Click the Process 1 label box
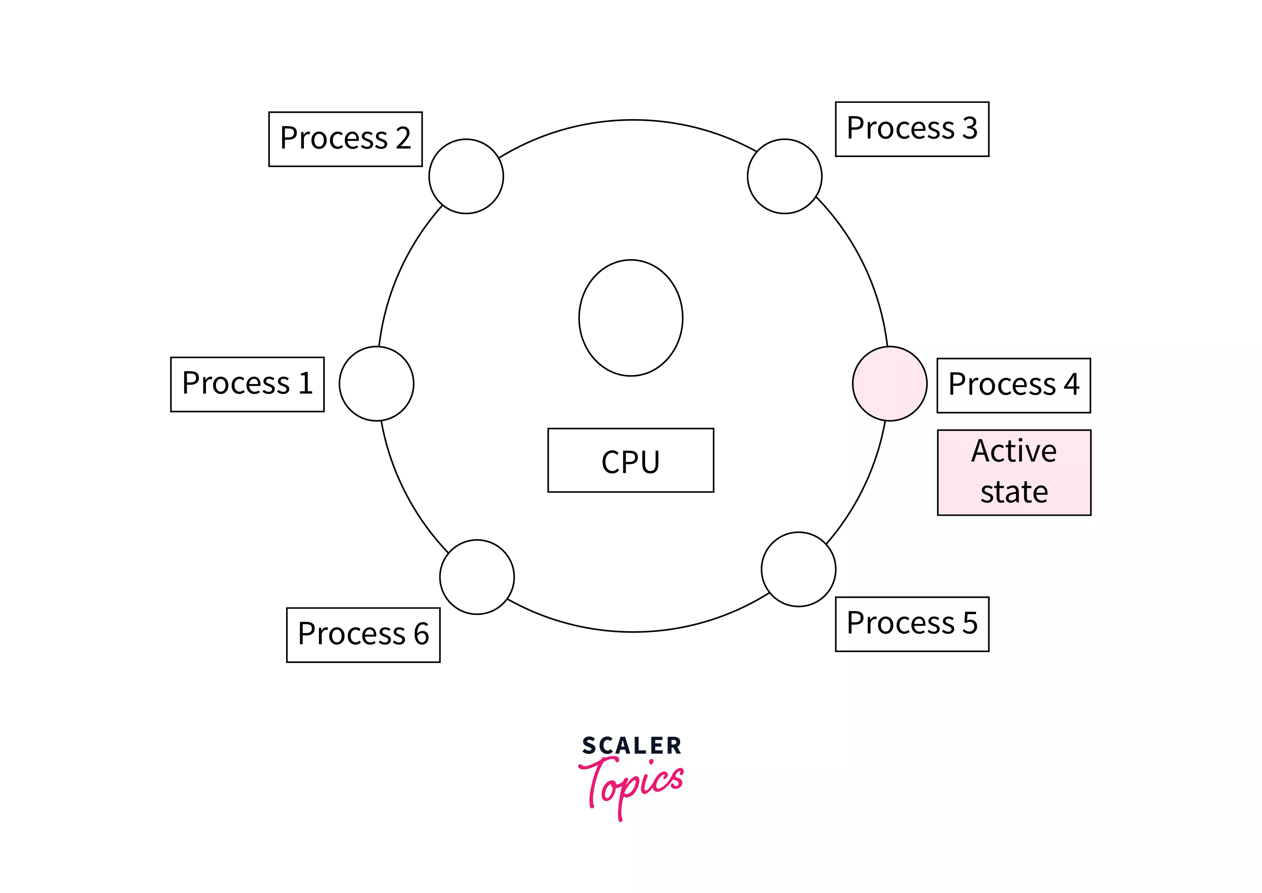(x=248, y=384)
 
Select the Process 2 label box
(x=345, y=138)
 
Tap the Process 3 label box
(x=912, y=129)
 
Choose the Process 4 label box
(x=1013, y=385)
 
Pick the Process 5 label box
(x=912, y=623)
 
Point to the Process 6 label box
(x=363, y=635)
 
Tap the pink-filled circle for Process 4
(x=889, y=383)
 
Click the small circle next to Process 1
(x=377, y=383)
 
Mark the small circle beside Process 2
(x=466, y=176)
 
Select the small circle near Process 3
(x=784, y=176)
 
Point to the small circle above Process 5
(x=798, y=569)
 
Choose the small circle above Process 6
(x=477, y=577)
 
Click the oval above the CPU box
(x=630, y=318)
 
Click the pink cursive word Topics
(x=632, y=783)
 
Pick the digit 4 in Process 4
(x=1071, y=384)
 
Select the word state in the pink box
(x=1014, y=492)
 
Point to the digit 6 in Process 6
(x=421, y=634)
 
